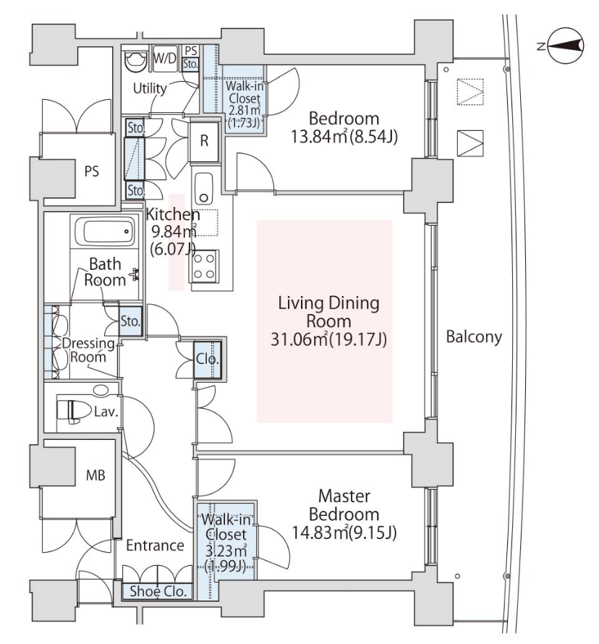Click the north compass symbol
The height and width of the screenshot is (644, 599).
565,46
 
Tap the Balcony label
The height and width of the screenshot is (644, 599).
474,336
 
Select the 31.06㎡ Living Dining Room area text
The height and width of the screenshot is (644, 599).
328,339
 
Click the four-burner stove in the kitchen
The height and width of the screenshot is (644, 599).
204,266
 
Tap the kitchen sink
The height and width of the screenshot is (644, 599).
203,188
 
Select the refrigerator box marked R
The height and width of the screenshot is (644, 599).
204,141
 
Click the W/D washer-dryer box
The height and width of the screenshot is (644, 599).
165,59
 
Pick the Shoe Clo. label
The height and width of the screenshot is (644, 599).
158,591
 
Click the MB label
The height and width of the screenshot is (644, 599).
95,475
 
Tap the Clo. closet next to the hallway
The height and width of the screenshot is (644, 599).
208,360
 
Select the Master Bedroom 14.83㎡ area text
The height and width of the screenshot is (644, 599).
344,533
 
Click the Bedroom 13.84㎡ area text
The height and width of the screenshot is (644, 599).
344,137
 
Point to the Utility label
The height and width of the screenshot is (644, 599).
150,88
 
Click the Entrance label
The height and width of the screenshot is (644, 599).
155,545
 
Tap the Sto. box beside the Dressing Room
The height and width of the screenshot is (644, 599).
130,321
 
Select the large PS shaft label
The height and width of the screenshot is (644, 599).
92,171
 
